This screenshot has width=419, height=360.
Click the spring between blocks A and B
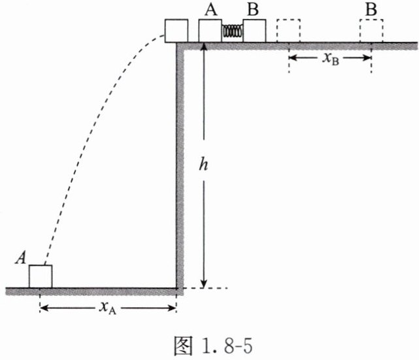click(232, 31)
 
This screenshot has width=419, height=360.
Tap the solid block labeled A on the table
click(210, 31)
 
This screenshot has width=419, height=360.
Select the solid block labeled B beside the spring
click(254, 31)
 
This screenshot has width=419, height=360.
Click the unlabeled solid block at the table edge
click(176, 31)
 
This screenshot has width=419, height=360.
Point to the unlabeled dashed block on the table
click(288, 31)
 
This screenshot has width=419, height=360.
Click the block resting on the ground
click(40, 276)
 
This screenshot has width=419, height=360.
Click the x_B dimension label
click(330, 57)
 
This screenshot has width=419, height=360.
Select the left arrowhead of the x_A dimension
click(44, 308)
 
